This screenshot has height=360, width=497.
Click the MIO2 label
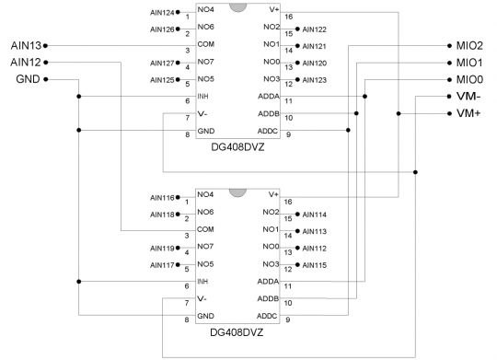(x=468, y=45)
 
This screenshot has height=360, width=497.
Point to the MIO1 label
(x=468, y=62)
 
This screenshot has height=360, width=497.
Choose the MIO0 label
(x=468, y=79)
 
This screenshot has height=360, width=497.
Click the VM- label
(x=468, y=96)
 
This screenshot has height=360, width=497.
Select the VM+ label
(x=468, y=112)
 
